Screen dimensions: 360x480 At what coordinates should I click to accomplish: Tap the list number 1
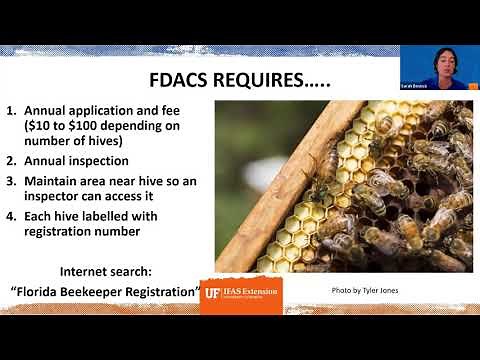[x=11, y=112]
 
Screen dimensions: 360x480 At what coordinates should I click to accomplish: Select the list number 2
[x=11, y=159]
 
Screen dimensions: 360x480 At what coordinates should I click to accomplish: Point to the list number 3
[x=11, y=181]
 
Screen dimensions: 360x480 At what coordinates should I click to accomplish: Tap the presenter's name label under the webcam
[x=427, y=89]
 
